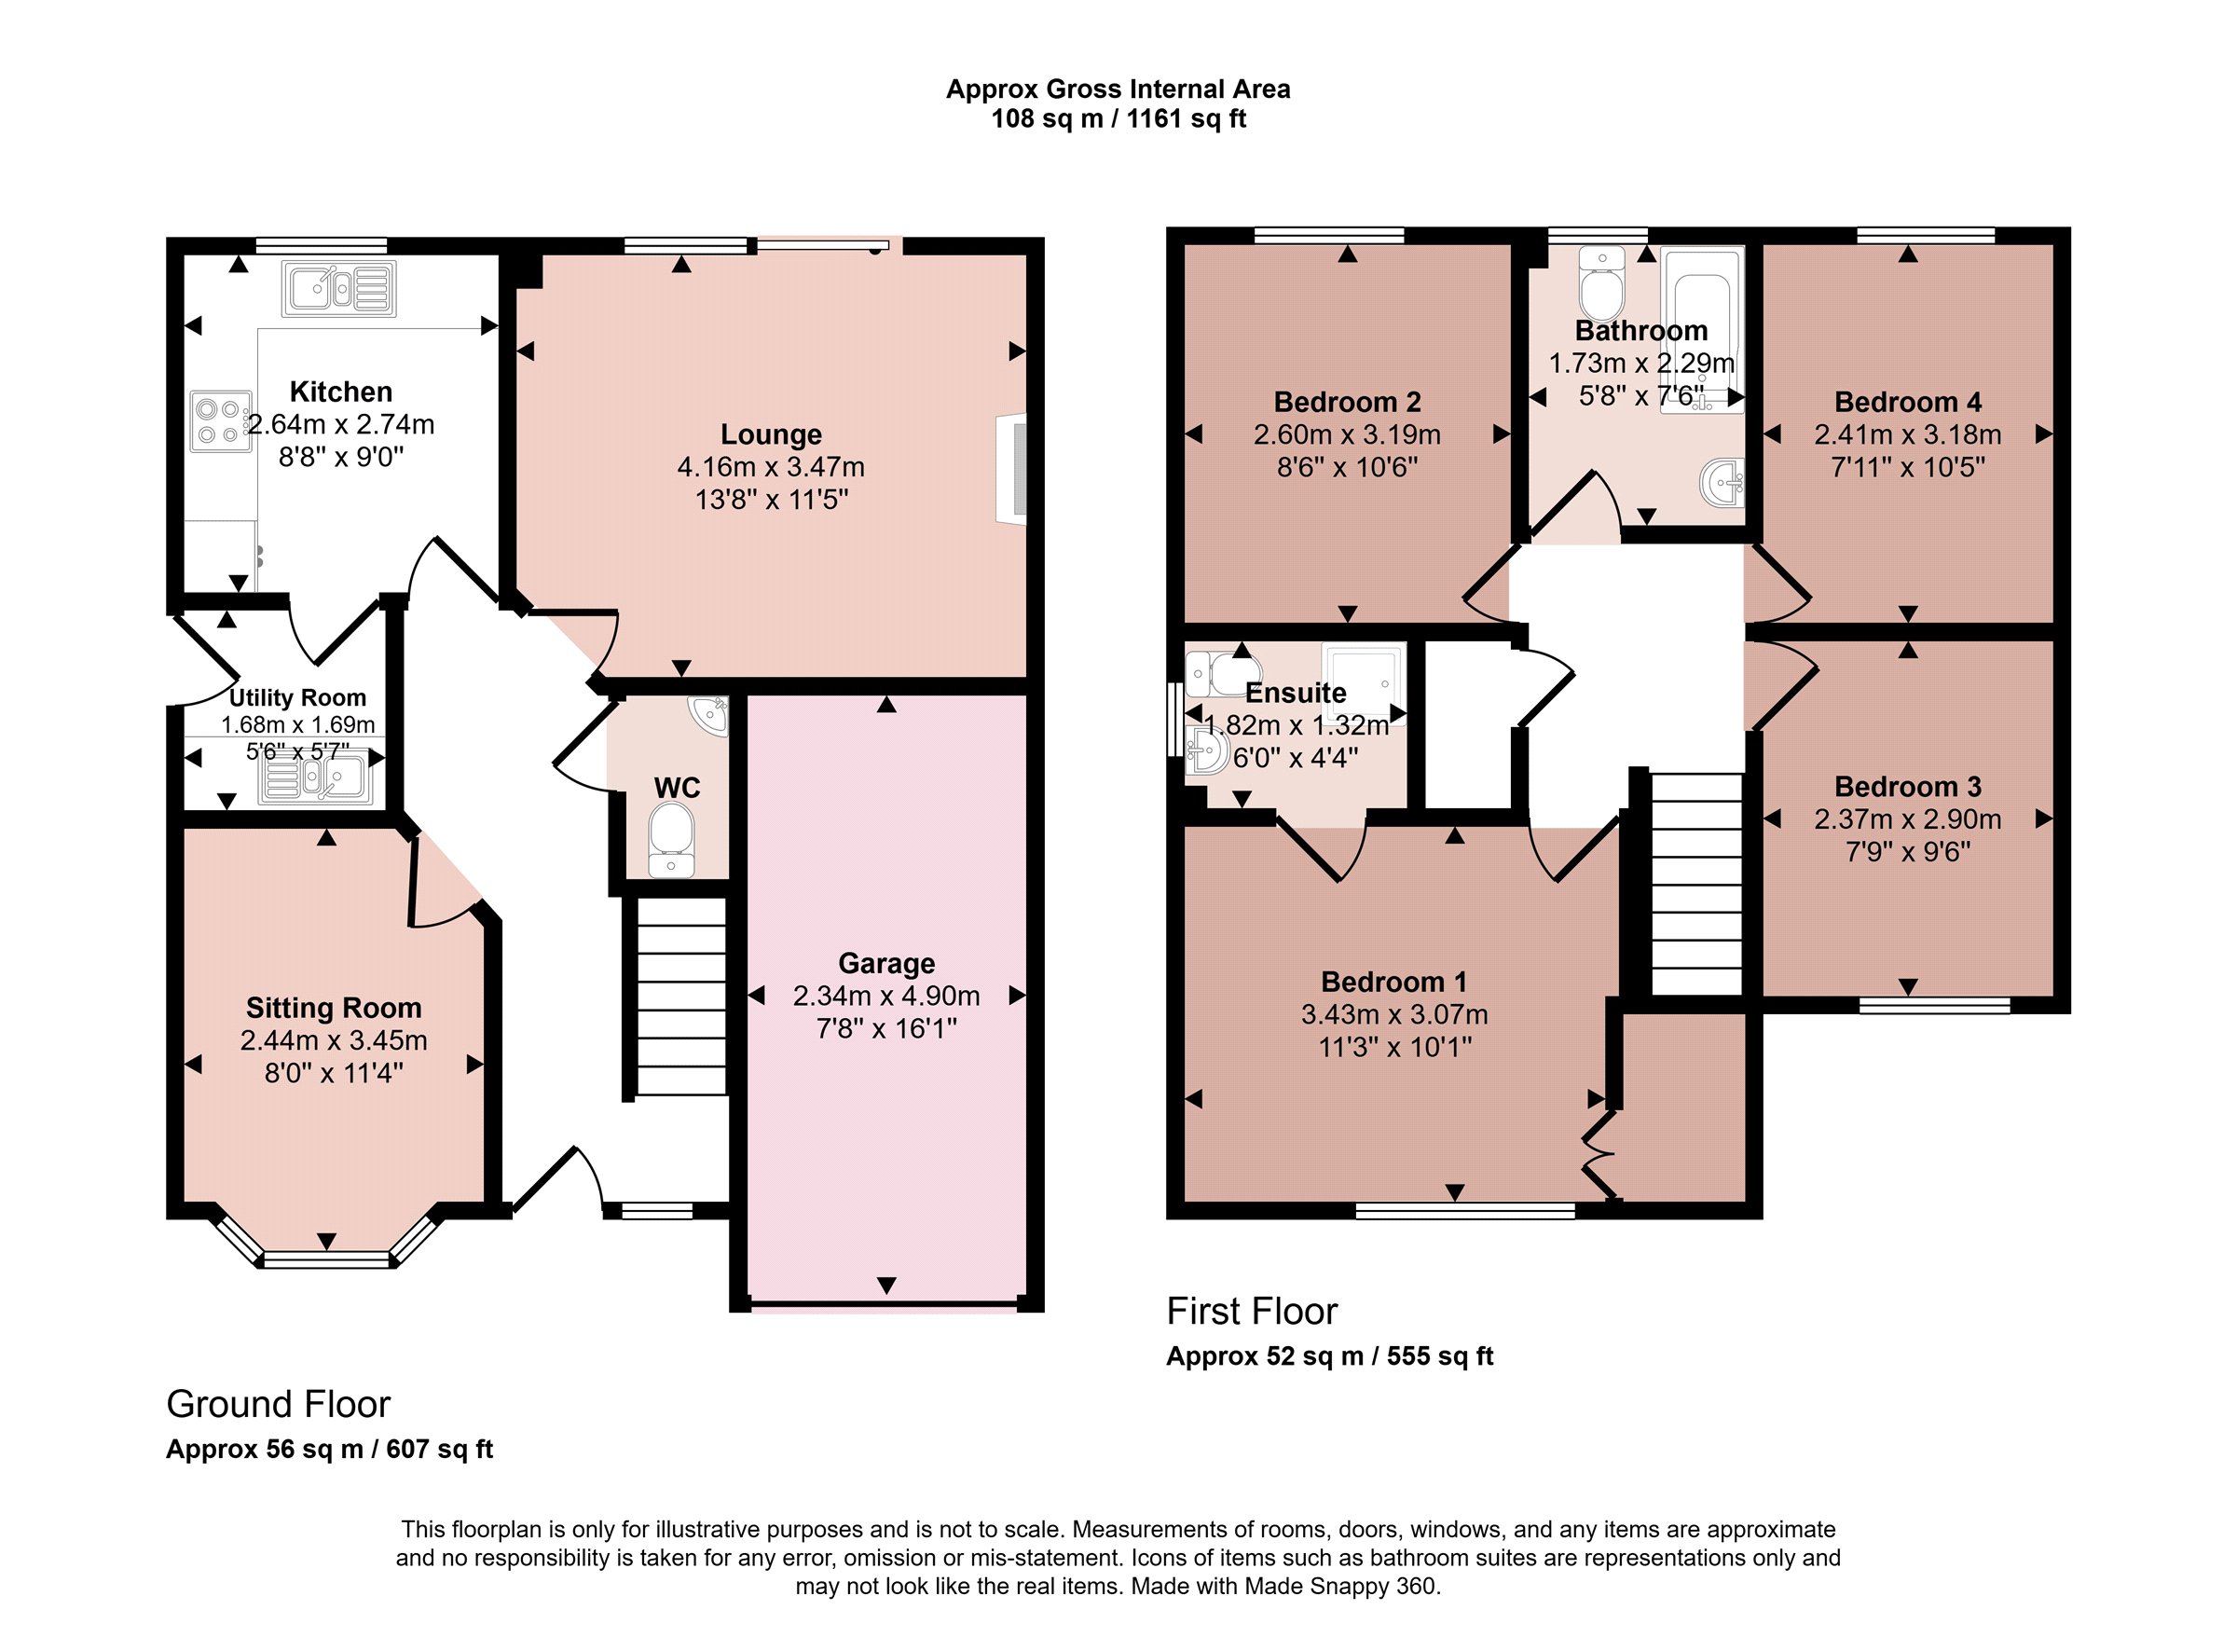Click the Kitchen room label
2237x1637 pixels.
coord(341,392)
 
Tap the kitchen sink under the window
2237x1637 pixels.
coord(339,289)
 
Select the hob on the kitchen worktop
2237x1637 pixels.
coord(221,421)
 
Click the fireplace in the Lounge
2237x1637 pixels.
coord(1011,467)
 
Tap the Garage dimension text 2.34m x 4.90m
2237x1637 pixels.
coord(886,996)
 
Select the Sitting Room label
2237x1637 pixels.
coord(334,1008)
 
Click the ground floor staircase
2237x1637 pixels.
coord(680,996)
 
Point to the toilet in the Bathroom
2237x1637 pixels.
coord(1602,282)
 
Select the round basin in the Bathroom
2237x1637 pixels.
coord(1722,483)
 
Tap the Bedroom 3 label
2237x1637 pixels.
coord(1907,787)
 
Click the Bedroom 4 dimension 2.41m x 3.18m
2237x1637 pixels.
coord(1907,434)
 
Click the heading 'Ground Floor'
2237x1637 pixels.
coord(279,1404)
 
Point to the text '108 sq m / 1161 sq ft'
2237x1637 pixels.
coord(1118,119)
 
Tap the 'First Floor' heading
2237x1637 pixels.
coord(1252,1311)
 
